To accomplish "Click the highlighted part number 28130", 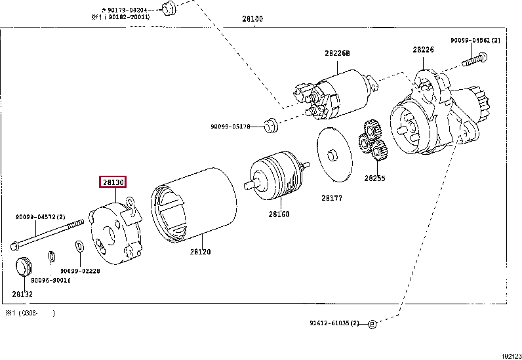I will (112, 182).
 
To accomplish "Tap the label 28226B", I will (337, 53).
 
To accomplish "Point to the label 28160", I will (279, 214).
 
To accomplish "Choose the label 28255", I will (374, 178).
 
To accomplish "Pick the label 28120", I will (200, 251).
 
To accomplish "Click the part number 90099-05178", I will (230, 126).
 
